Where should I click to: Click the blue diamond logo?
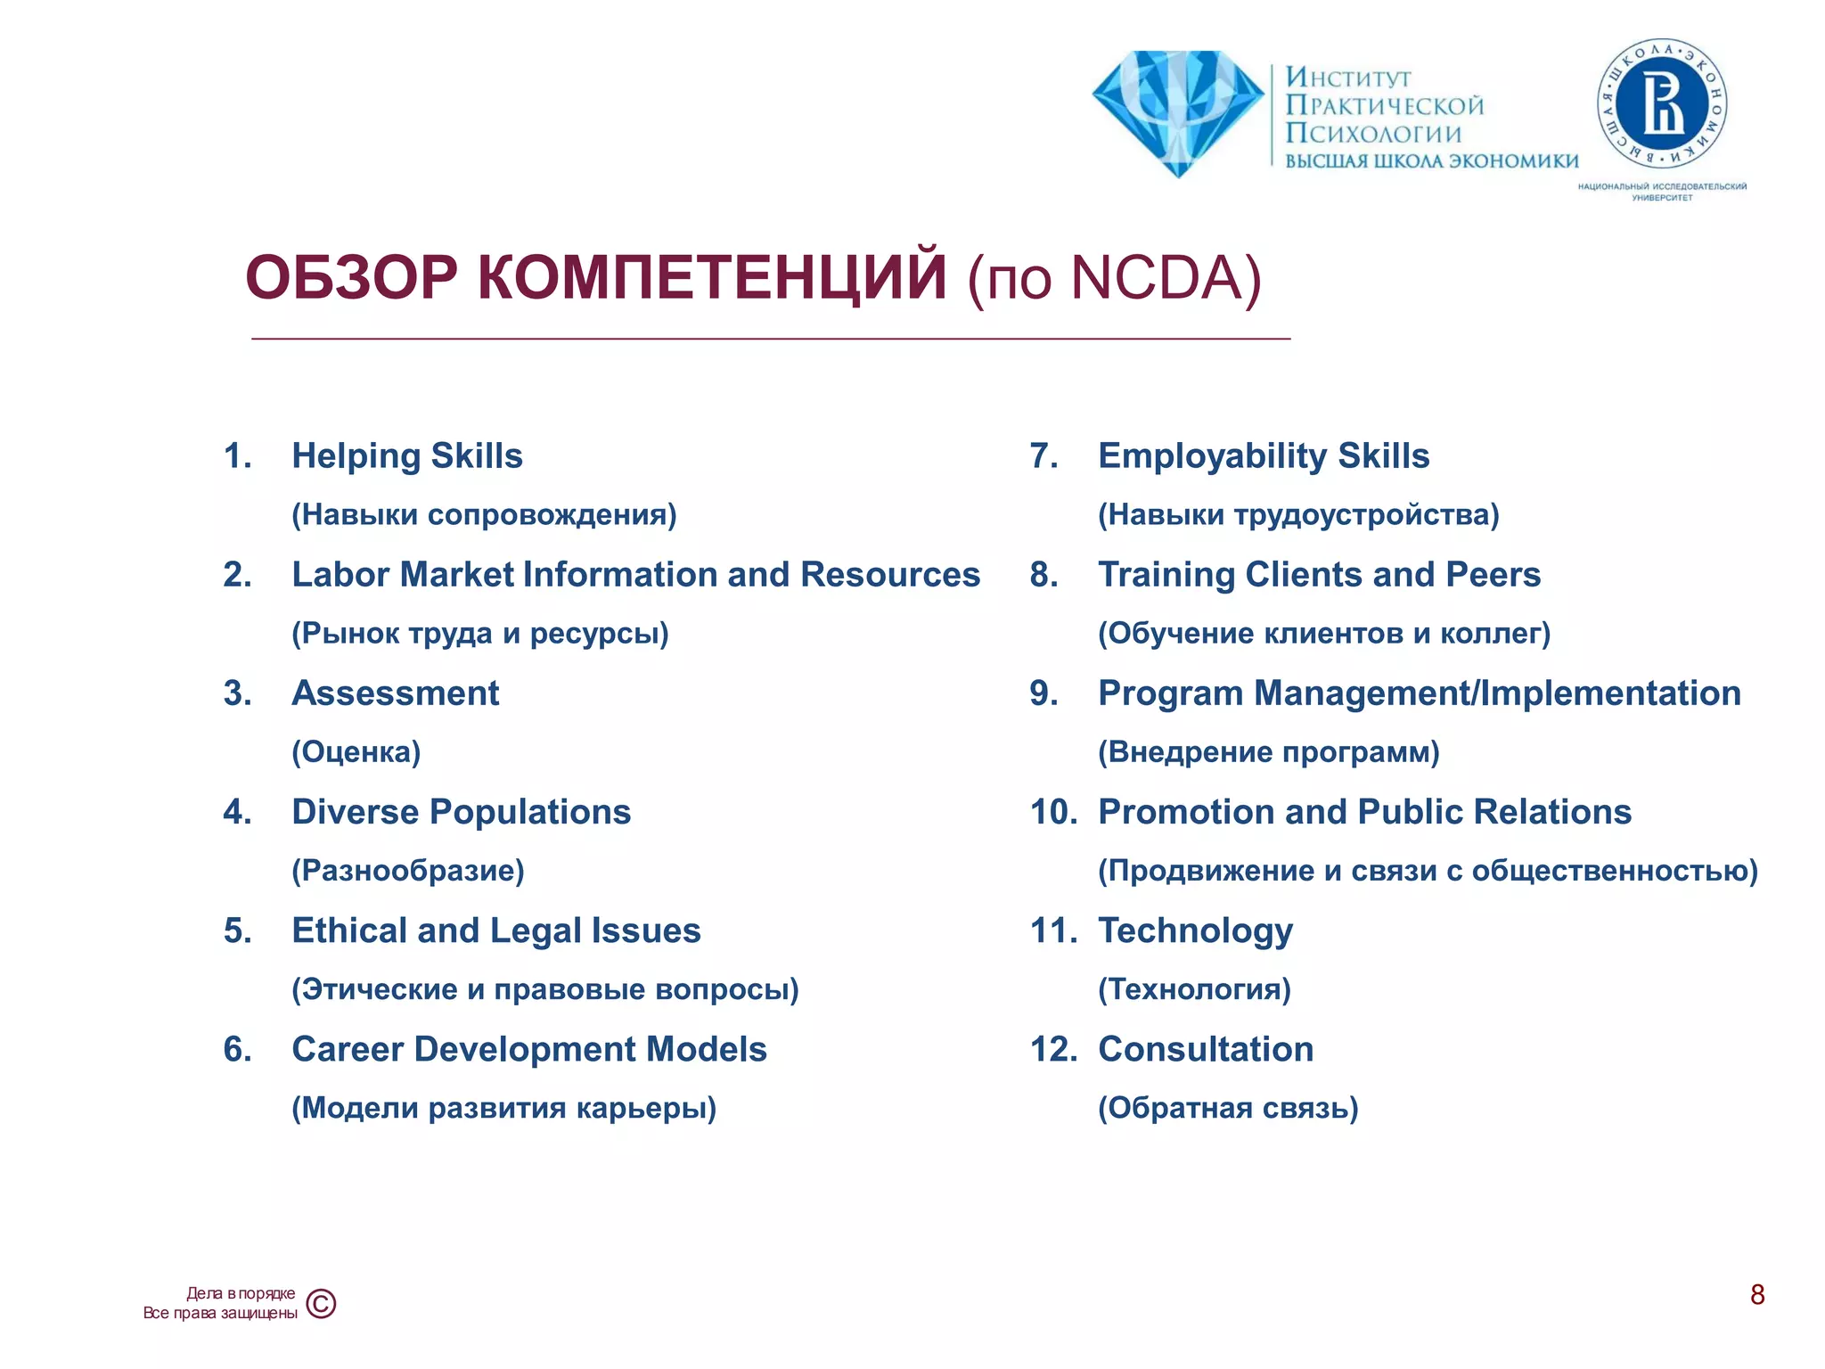(1178, 111)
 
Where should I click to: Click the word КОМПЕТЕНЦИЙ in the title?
(712, 278)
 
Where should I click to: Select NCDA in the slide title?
(1155, 278)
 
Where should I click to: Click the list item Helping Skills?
(407, 455)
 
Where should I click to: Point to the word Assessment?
(396, 693)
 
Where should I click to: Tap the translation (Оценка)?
(356, 752)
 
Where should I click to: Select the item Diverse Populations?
(462, 812)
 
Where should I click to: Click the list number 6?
(237, 1049)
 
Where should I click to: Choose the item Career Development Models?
(529, 1049)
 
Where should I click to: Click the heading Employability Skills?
(1264, 455)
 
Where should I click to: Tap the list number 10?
(1053, 812)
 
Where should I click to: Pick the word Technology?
(1195, 930)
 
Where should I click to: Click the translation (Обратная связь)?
(1228, 1108)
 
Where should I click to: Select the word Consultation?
(1206, 1049)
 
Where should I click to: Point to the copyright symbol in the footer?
(321, 1304)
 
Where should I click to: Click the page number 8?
(1757, 1294)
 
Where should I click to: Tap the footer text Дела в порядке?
(241, 1293)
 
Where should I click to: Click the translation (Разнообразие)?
(408, 871)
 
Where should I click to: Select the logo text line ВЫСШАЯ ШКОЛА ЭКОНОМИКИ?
(1431, 161)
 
